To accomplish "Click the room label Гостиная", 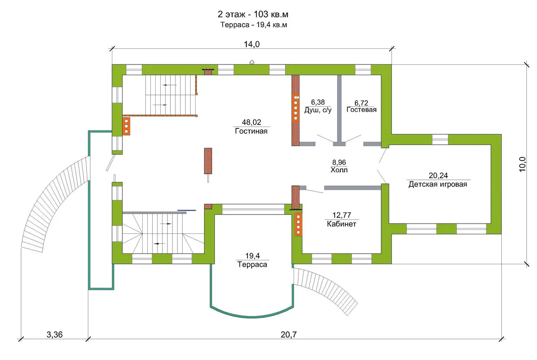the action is [251, 131].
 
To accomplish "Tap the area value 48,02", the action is [251, 122].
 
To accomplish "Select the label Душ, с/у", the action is [318, 110].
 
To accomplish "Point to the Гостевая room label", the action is [362, 110].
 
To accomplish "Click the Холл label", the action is [339, 170].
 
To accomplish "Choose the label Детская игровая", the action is [438, 184].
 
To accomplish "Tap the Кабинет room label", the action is [341, 224].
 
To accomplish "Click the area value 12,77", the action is [341, 215].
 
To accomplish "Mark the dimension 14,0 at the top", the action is [251, 44].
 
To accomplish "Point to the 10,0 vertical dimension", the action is [522, 164].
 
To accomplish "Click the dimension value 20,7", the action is [289, 335].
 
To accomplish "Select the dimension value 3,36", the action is [55, 335].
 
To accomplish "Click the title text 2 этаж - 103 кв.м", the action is [253, 14].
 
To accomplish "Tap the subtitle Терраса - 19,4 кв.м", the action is [254, 25].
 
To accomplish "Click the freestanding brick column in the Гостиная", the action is [208, 161].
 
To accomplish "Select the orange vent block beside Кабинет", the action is [298, 224].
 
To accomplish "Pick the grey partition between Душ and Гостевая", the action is [339, 110].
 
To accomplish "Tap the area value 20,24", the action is [438, 175].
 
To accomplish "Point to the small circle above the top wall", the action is [251, 63].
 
